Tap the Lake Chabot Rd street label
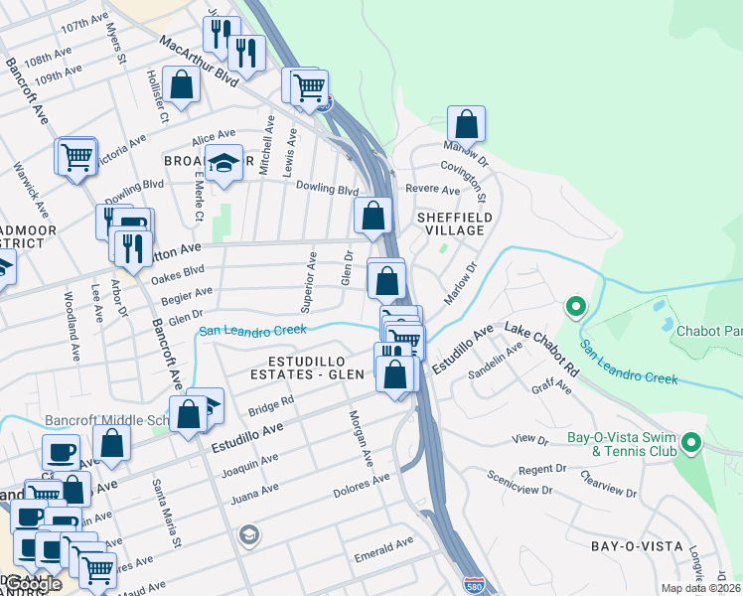pyautogui.click(x=541, y=348)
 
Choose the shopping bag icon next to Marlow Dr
pyautogui.click(x=466, y=125)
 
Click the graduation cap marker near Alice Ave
pyautogui.click(x=224, y=164)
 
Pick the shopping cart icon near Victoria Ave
pyautogui.click(x=76, y=157)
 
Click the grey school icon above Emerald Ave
pyautogui.click(x=248, y=536)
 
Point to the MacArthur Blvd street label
pyautogui.click(x=199, y=59)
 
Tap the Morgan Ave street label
pyautogui.click(x=360, y=438)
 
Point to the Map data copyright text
pyautogui.click(x=698, y=588)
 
